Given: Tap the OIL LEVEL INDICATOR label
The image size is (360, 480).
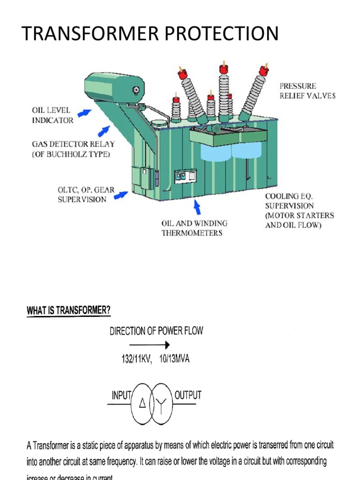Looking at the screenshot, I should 52,115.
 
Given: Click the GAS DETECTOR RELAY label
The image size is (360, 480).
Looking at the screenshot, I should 72,150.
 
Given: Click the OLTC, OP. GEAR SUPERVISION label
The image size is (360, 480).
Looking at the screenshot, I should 82,195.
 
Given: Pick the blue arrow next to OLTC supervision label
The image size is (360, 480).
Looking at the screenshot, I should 121,194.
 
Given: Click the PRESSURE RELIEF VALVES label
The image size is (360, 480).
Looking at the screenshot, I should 307,91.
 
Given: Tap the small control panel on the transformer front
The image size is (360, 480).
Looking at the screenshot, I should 185,177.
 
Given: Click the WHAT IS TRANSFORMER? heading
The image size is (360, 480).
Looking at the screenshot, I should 68,311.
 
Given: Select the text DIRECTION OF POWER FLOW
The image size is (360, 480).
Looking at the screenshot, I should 157,330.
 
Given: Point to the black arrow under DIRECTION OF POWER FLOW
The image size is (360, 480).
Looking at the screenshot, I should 153,345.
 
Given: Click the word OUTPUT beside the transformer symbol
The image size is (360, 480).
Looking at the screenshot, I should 187,395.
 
